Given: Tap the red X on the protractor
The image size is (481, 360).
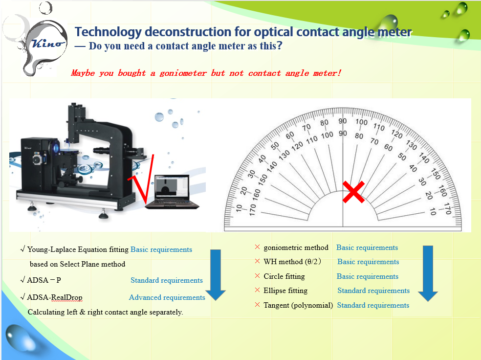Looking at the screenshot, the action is tap(353, 192).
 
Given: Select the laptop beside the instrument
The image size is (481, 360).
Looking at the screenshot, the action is tap(172, 192).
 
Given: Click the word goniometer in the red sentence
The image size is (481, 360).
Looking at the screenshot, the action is tap(183, 73).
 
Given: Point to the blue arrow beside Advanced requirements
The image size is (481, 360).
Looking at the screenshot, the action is tap(216, 275).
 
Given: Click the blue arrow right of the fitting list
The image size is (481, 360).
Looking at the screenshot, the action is tap(428, 273).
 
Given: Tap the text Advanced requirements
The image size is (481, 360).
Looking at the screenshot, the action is tap(167, 297).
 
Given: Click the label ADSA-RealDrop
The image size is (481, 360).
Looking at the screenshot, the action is tap(55, 297).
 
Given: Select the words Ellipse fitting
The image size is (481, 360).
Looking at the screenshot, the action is tap(285, 291).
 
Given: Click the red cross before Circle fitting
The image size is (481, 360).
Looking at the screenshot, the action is tap(258, 276).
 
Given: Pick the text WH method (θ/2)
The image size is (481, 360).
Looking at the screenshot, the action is tap(292, 262).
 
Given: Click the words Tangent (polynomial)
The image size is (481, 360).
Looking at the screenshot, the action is tap(298, 305).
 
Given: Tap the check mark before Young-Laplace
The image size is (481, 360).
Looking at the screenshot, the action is tap(22, 249).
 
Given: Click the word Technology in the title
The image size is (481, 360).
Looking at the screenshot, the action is tap(109, 32).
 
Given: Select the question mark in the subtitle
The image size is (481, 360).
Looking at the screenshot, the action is tap(279, 45).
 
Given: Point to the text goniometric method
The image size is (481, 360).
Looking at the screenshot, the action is tap(296, 247).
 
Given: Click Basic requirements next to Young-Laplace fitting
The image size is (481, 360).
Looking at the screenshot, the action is tap(161, 249).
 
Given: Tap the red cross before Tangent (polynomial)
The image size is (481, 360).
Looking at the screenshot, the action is tap(258, 305).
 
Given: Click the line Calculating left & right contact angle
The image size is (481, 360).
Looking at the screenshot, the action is tap(105, 312).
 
